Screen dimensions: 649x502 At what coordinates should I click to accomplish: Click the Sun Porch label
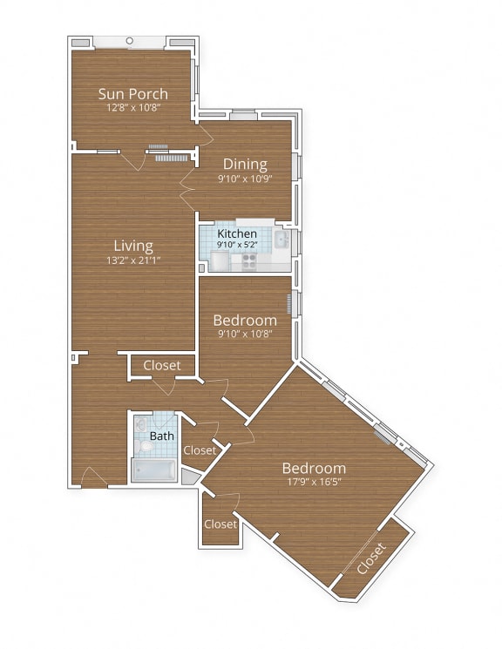[132, 94]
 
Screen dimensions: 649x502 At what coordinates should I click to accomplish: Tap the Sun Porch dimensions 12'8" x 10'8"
[132, 108]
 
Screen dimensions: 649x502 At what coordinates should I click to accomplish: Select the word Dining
[245, 164]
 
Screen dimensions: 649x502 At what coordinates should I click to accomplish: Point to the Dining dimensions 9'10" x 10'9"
[245, 178]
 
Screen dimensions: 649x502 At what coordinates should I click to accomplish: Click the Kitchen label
[236, 234]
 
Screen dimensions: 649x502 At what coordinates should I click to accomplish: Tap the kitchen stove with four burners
[249, 259]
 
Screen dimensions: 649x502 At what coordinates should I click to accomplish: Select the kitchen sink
[282, 240]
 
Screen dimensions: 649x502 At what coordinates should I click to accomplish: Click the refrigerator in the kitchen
[209, 239]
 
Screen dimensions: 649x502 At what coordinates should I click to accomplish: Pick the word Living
[132, 246]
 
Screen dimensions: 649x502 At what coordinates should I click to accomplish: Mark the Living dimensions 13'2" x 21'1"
[132, 260]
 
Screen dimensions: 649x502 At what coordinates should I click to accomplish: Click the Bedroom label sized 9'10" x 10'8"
[245, 320]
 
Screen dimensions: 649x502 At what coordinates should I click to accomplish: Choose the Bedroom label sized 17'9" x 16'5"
[313, 468]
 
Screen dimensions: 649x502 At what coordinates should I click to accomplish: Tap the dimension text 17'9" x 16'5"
[313, 482]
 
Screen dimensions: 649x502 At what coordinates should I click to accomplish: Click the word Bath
[161, 436]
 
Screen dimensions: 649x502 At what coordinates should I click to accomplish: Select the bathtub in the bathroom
[153, 470]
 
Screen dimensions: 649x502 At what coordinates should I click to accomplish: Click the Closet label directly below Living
[162, 366]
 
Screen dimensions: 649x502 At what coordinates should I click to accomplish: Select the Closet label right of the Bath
[200, 450]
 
